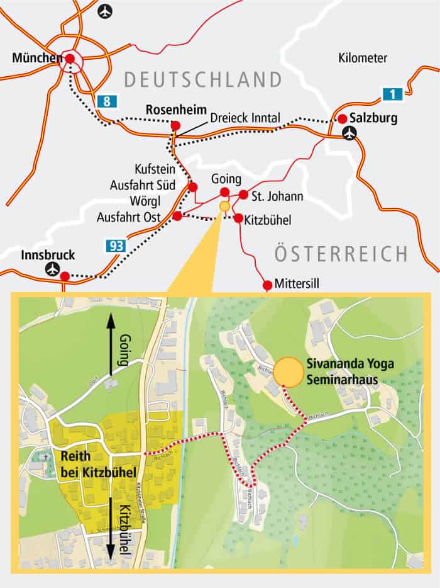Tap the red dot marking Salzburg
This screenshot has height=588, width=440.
click(x=342, y=118)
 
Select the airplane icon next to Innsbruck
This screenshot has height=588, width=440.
click(x=52, y=269)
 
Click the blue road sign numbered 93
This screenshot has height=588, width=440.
click(x=115, y=246)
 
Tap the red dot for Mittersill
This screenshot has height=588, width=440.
click(x=268, y=285)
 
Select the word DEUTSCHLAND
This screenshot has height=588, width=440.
click(x=202, y=80)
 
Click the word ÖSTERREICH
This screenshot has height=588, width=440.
click(x=341, y=254)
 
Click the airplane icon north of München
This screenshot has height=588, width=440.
click(x=106, y=11)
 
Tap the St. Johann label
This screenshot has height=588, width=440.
click(x=277, y=196)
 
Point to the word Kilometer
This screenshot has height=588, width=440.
click(x=363, y=59)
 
